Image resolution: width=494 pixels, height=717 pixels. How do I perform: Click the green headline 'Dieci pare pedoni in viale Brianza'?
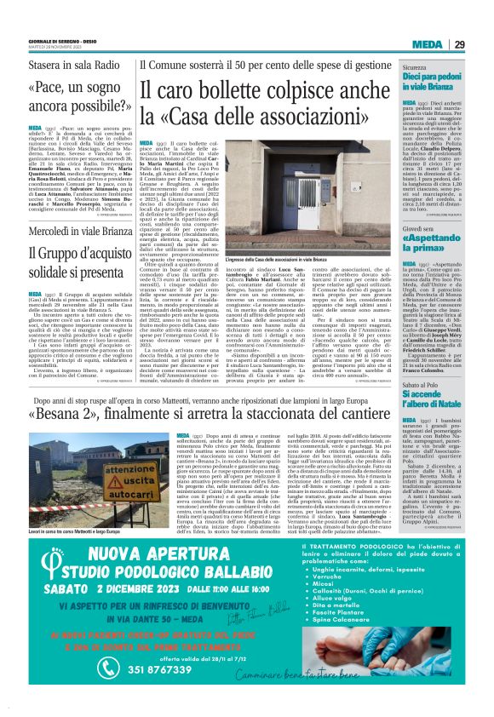(432, 82)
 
